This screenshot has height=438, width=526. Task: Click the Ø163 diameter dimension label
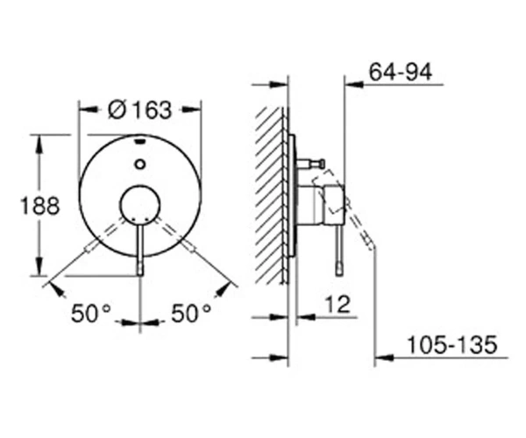point(139,109)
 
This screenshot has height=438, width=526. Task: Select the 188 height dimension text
point(40,206)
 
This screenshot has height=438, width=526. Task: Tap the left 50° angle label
point(90,314)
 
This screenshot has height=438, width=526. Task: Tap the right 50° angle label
point(191,314)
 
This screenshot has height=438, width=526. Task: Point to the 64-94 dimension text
point(401,72)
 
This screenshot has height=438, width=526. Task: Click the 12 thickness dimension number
point(338,304)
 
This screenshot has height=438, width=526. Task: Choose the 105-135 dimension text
point(451,344)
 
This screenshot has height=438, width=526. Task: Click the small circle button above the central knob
point(140,164)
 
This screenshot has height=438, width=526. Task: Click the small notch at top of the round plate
point(140,141)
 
